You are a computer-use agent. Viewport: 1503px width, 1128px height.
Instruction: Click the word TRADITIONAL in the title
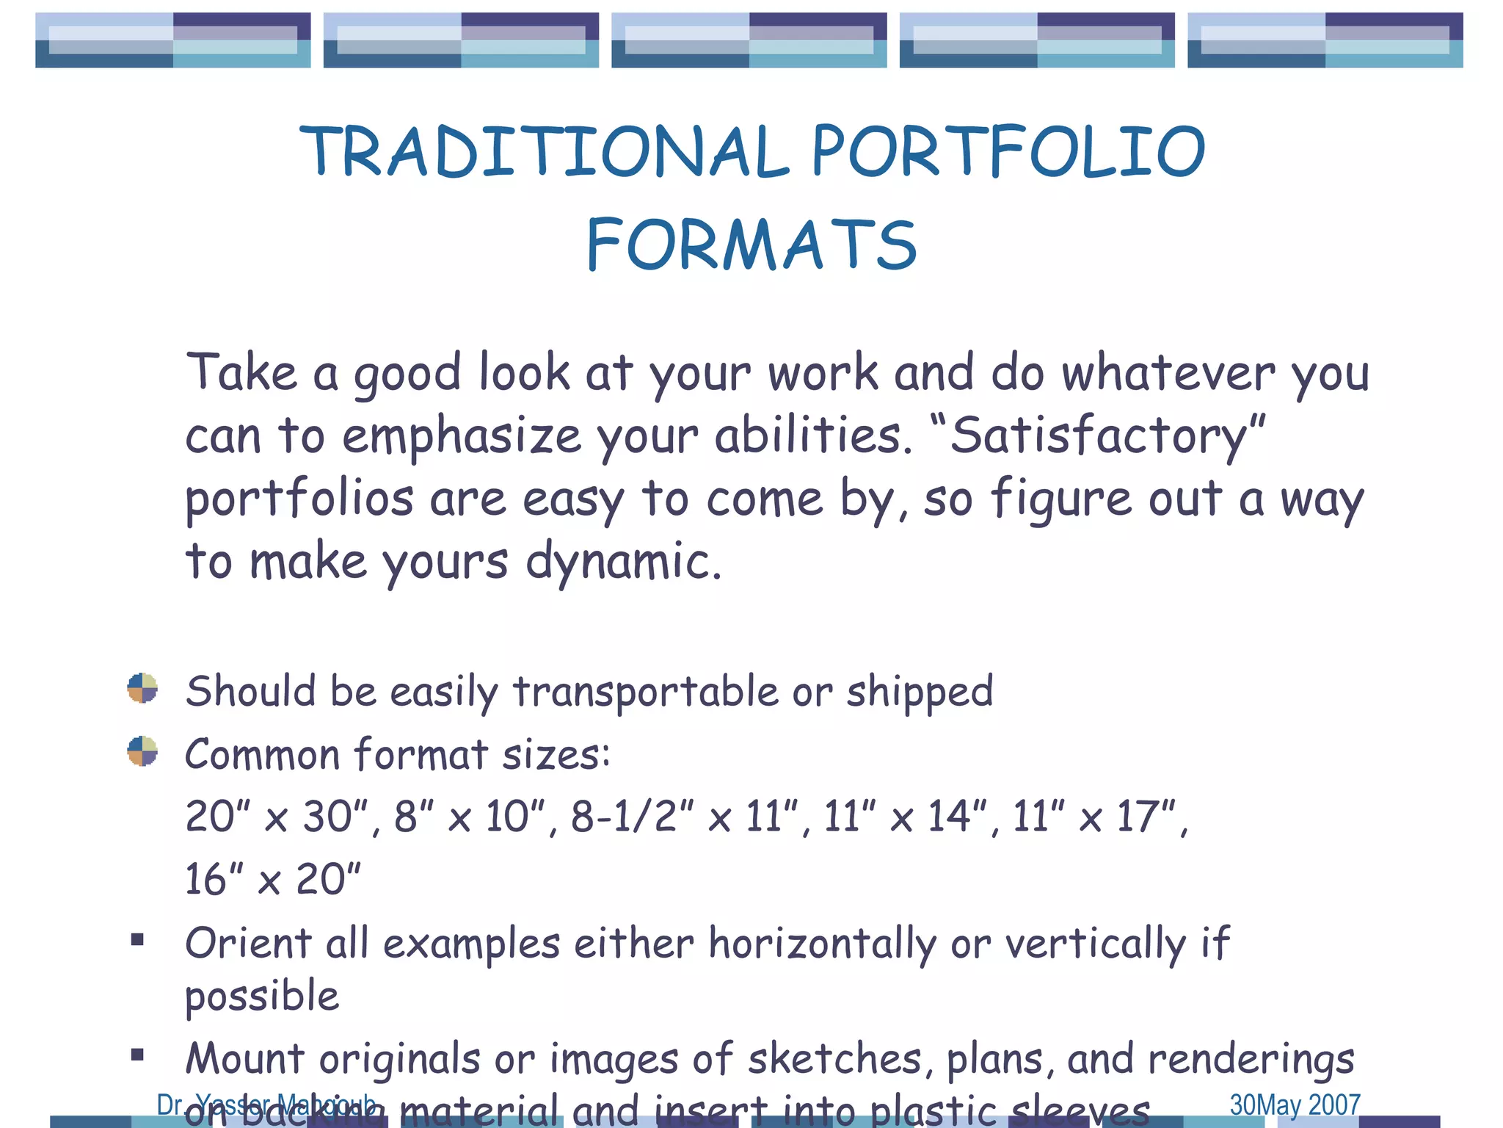pos(544,151)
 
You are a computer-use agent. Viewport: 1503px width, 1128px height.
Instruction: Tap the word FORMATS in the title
pos(751,245)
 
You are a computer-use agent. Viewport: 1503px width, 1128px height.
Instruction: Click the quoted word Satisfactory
pos(1098,435)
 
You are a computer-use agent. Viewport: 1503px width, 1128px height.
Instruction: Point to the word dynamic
pos(624,562)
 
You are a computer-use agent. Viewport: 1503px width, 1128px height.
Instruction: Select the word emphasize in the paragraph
pos(462,436)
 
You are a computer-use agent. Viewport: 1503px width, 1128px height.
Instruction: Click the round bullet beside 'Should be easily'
pos(142,688)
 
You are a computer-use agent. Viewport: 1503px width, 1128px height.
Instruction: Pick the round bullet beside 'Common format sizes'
pos(142,751)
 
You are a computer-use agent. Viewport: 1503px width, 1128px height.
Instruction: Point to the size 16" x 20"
pos(272,880)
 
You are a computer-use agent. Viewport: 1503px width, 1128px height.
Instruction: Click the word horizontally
pos(822,944)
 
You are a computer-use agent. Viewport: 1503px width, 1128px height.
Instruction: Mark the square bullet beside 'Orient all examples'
pos(137,940)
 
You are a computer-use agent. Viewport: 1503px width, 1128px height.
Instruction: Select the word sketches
pos(834,1060)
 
